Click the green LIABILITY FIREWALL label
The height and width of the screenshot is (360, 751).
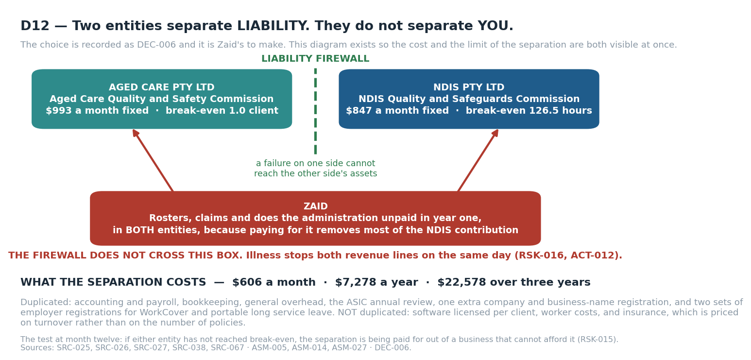pyautogui.click(x=315, y=59)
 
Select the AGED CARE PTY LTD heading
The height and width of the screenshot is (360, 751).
pyautogui.click(x=162, y=87)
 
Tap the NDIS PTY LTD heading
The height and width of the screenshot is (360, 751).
pyautogui.click(x=469, y=87)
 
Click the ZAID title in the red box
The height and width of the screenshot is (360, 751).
pyautogui.click(x=315, y=206)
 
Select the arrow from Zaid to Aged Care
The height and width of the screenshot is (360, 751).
pyautogui.click(x=153, y=160)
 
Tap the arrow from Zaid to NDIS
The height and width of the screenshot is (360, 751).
pyautogui.click(x=478, y=160)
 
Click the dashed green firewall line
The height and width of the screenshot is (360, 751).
pyautogui.click(x=315, y=111)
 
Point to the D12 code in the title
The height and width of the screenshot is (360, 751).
pyautogui.click(x=35, y=26)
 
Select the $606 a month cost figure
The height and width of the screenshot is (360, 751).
pyautogui.click(x=274, y=282)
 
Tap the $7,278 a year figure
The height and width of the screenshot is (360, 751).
pyautogui.click(x=376, y=282)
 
